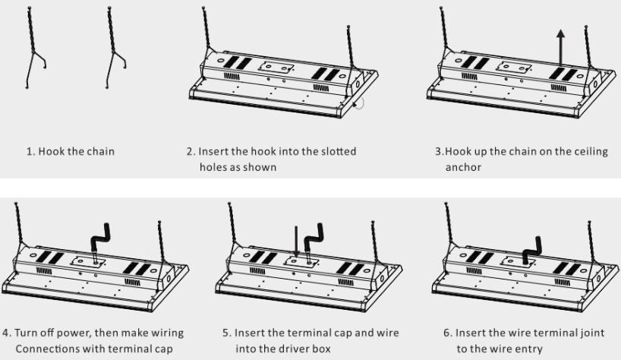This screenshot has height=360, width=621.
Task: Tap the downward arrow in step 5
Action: tap(295, 244)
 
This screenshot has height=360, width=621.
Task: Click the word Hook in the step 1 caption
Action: tap(50, 151)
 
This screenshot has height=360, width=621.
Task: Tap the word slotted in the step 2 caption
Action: tap(337, 151)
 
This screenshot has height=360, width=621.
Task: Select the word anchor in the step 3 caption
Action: tap(463, 167)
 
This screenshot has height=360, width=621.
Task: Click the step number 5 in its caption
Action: tap(226, 333)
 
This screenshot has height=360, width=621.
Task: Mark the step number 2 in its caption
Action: tap(190, 151)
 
